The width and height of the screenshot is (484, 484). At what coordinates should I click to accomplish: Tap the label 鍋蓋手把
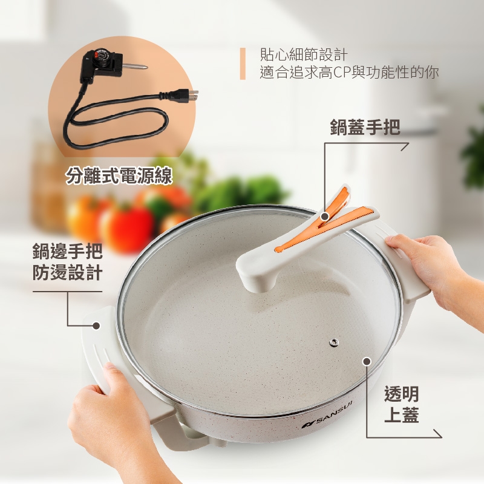coord(365,127)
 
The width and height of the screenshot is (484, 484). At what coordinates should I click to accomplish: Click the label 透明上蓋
coord(401,405)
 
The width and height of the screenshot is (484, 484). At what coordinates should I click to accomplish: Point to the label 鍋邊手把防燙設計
coord(67,260)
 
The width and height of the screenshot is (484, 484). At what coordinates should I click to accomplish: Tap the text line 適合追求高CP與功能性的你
coord(349,73)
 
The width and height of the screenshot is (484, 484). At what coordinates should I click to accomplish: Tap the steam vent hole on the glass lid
coord(333,343)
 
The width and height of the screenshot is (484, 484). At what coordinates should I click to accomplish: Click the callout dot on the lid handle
coord(325,216)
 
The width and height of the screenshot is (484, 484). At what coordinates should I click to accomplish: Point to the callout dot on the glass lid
coord(366,361)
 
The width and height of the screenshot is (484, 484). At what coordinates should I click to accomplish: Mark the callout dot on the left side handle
coord(96,325)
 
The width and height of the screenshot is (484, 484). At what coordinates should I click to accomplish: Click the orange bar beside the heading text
coord(243,64)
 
